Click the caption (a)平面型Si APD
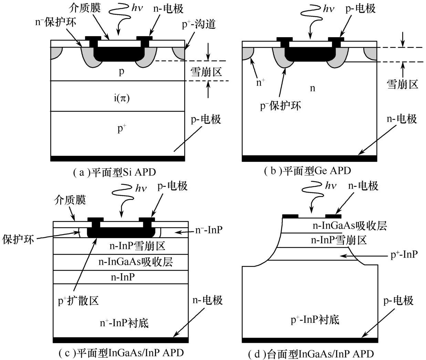(114, 172)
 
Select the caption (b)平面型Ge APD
(307, 171)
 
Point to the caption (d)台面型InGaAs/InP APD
(311, 354)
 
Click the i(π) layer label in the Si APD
(122, 98)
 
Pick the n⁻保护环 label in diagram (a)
(56, 22)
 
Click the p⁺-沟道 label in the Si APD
(199, 24)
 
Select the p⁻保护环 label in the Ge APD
(280, 106)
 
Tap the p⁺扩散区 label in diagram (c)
(78, 301)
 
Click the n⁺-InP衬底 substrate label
(124, 323)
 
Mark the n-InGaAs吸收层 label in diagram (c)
(136, 262)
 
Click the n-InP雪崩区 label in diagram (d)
(339, 240)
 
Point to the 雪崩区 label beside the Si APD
(206, 72)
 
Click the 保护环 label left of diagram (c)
(18, 240)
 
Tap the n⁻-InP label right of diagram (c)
(209, 230)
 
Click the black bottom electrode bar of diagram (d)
(310, 340)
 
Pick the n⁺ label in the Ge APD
(260, 82)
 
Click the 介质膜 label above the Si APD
(85, 8)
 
